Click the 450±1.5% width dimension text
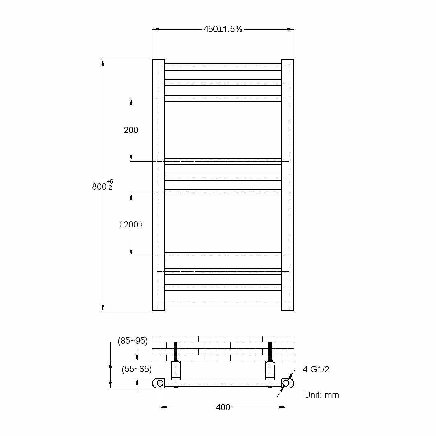[223, 29]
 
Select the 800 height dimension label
[99, 187]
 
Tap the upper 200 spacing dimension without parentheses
[131, 130]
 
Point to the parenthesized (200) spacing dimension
[131, 224]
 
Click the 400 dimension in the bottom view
[223, 407]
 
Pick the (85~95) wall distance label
[133, 341]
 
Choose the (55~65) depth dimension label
[137, 369]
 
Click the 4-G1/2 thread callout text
[316, 369]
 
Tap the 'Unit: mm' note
[321, 395]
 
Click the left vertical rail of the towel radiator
[158, 185]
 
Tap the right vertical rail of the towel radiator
[287, 185]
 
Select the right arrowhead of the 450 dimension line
[291, 29]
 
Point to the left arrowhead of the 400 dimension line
[163, 407]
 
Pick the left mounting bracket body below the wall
[176, 370]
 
